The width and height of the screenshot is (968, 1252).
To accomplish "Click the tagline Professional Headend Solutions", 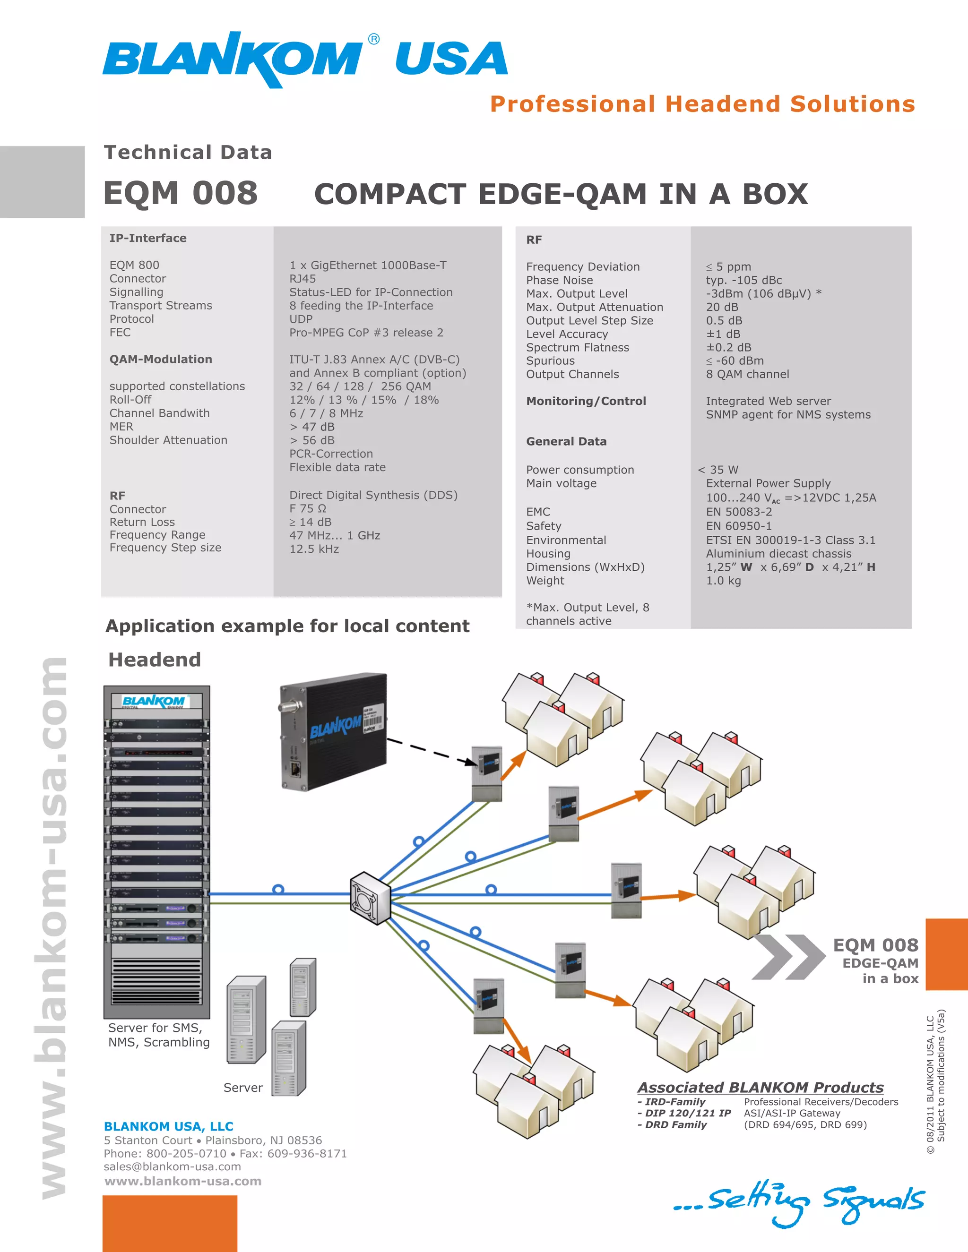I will [x=702, y=104].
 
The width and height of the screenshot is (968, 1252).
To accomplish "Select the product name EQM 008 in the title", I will [x=181, y=193].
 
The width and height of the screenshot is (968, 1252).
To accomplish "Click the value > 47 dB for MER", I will [x=311, y=427].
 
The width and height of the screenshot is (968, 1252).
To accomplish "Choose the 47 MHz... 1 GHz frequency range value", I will [x=334, y=535].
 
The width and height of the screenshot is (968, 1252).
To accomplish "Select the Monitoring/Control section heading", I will [x=586, y=401].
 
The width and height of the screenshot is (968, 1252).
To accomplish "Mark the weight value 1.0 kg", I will [x=723, y=581].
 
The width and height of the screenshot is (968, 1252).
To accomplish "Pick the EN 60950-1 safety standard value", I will [x=739, y=526].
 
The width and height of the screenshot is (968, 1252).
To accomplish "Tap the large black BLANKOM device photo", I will [x=333, y=731].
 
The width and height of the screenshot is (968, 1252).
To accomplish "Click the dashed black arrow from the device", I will [x=431, y=751].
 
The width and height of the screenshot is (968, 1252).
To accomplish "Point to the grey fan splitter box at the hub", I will [x=370, y=898].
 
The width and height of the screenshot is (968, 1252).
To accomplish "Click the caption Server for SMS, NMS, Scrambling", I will [x=158, y=1035].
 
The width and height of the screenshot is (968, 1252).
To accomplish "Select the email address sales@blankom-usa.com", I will [x=172, y=1166].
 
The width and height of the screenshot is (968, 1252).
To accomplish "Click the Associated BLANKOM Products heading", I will [x=760, y=1088].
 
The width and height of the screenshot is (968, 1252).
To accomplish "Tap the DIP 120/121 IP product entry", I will [x=684, y=1113].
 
